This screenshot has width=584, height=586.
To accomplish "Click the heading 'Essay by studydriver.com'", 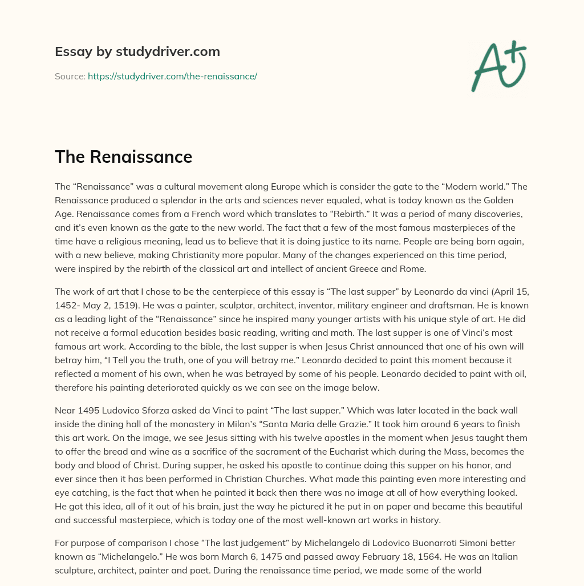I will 137,52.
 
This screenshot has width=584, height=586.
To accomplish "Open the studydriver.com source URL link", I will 172,76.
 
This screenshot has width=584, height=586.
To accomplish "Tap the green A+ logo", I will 498,66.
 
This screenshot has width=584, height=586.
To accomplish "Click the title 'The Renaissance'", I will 123,156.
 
